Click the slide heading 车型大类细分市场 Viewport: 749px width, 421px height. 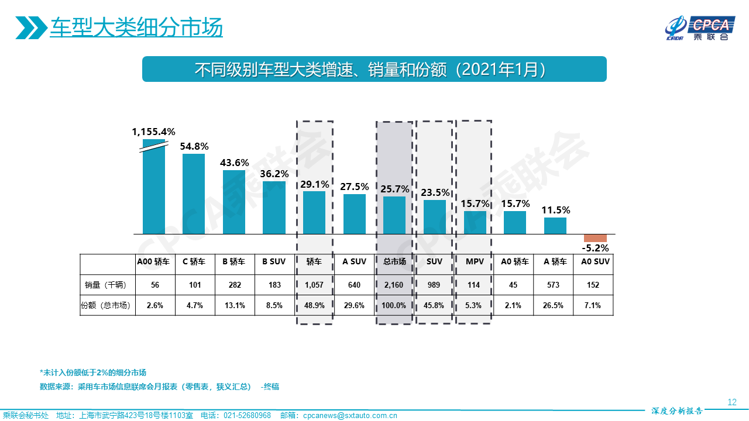pos(136,27)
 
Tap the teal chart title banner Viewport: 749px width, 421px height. pos(374,69)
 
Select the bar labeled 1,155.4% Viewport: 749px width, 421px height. pos(154,187)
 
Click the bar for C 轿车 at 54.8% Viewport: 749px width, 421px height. pos(194,194)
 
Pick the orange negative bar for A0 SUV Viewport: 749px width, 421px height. pos(595,238)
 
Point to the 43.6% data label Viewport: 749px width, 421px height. pos(234,163)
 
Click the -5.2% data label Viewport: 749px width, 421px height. pos(595,248)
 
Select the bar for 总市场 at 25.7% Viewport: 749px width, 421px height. pos(394,215)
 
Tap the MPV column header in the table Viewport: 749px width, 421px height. pos(475,262)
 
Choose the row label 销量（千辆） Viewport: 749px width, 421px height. pos(107,285)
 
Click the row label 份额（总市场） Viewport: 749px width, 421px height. pos(107,305)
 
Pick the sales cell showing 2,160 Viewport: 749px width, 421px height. pos(394,285)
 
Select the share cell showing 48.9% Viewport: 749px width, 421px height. pos(314,305)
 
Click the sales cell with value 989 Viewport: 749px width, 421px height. pos(434,285)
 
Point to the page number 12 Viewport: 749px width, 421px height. pos(731,402)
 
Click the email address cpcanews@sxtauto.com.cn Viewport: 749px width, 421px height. pos(350,416)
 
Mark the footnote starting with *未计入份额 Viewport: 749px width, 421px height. pos(93,372)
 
